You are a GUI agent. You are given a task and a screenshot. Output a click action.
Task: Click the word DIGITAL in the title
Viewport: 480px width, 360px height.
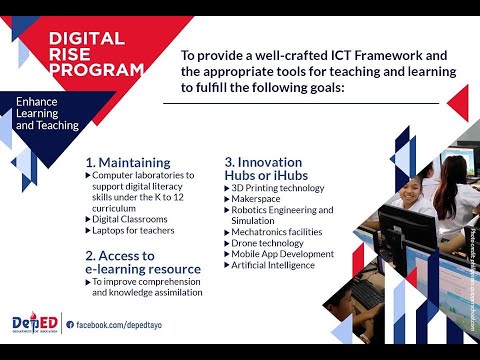click(x=86, y=39)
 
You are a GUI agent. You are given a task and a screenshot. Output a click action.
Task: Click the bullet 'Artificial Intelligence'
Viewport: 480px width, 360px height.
click(x=275, y=266)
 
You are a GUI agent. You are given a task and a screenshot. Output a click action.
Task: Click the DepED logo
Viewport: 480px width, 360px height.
click(x=32, y=323)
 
